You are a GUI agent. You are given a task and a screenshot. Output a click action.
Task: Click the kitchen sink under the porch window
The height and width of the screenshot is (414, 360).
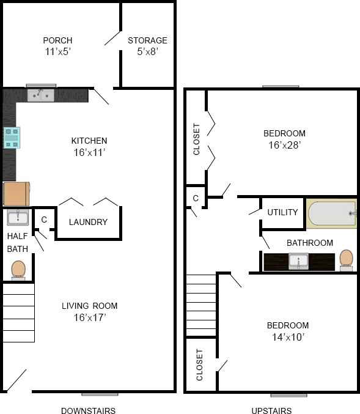[x=41, y=95]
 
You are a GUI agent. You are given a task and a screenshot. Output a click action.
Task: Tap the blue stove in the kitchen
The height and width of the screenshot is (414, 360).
[x=12, y=138]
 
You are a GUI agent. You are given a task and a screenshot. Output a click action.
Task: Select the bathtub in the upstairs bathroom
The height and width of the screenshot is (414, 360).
[x=331, y=214]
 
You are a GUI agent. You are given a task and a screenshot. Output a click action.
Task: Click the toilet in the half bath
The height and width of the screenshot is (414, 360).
[x=18, y=269]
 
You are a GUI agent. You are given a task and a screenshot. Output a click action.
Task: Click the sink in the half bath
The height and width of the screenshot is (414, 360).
[x=18, y=218]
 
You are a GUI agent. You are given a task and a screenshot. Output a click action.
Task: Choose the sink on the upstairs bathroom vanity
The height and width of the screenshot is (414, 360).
[x=298, y=262]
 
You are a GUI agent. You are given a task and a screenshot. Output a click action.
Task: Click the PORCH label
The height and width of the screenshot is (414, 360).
[x=57, y=41]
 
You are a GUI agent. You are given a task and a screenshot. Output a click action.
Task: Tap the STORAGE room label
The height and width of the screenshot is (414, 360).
[x=147, y=41]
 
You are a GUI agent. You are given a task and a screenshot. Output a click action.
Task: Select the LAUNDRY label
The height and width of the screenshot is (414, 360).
[x=88, y=222]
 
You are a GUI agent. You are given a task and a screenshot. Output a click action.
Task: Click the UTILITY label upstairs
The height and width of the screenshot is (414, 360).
[x=282, y=213]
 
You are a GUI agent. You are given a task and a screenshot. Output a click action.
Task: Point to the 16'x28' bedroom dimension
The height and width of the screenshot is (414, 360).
[x=284, y=146]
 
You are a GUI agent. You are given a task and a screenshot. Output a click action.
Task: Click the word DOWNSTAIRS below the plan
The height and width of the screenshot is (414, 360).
[x=88, y=410]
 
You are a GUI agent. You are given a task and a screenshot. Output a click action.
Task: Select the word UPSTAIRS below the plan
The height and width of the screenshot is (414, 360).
[x=271, y=410]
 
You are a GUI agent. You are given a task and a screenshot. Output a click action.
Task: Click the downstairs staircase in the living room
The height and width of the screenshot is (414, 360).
[x=18, y=312]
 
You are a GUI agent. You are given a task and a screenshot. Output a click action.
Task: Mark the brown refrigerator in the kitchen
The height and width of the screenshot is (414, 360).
[x=16, y=194]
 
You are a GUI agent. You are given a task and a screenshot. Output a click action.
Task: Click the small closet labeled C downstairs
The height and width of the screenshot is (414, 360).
[x=43, y=218]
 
